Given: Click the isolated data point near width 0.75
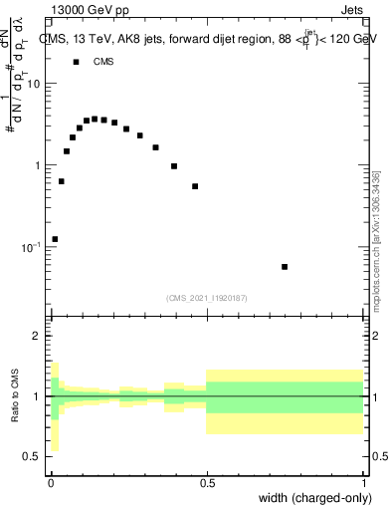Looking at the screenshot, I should (x=285, y=267).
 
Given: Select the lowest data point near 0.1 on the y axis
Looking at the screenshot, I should (x=55, y=239).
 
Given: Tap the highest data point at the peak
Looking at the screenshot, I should (x=96, y=119).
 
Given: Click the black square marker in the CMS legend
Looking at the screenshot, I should (x=76, y=62).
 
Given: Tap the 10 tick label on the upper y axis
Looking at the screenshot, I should (x=32, y=84).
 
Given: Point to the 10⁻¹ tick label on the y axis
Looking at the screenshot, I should (x=30, y=246).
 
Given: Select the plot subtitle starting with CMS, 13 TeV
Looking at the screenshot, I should (x=206, y=39).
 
